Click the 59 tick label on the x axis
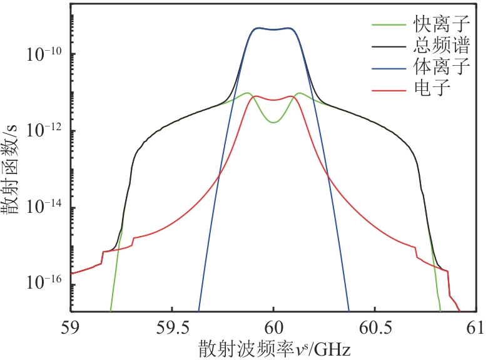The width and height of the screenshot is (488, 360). coord(71,327)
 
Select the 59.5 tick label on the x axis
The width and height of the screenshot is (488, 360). coord(172,327)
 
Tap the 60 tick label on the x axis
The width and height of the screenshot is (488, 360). coord(273,327)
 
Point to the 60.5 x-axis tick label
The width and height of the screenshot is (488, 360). coord(374,327)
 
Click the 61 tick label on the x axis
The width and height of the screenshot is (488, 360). coord(475,327)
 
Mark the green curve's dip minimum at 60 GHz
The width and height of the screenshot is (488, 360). coord(273,122)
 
